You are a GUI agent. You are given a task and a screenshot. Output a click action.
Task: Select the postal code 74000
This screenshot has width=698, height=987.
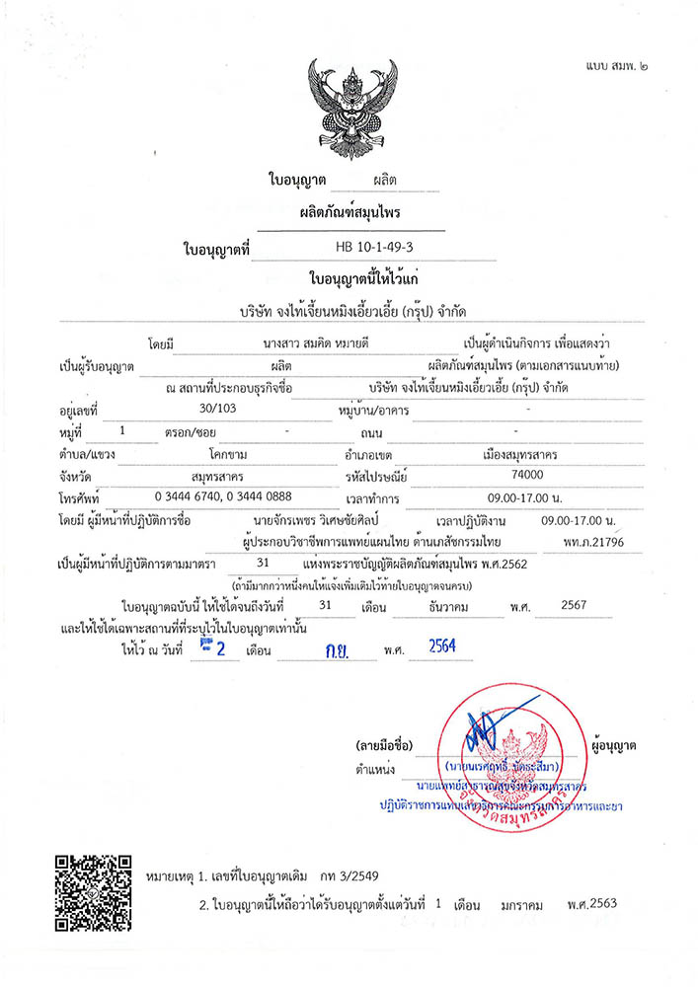click(x=508, y=475)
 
